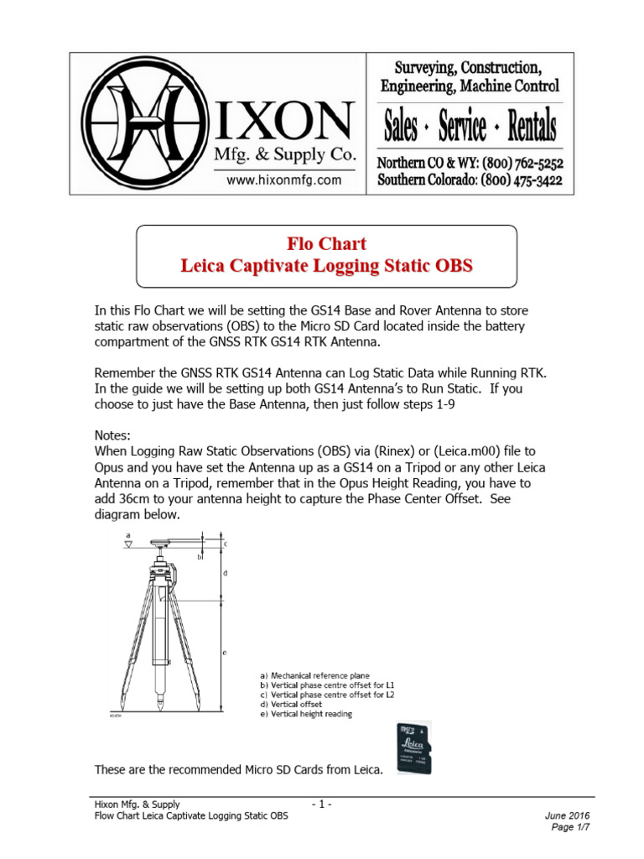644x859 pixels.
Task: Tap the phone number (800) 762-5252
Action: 521,164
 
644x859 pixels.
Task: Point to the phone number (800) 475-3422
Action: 521,180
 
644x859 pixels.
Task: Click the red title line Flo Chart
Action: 326,244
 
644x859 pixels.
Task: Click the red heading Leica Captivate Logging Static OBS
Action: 326,267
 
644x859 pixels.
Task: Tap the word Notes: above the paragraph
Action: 113,436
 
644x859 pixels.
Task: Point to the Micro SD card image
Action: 413,748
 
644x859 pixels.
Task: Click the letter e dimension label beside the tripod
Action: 225,652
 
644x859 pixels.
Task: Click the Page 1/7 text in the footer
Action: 572,827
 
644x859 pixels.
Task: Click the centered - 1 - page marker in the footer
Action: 321,804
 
